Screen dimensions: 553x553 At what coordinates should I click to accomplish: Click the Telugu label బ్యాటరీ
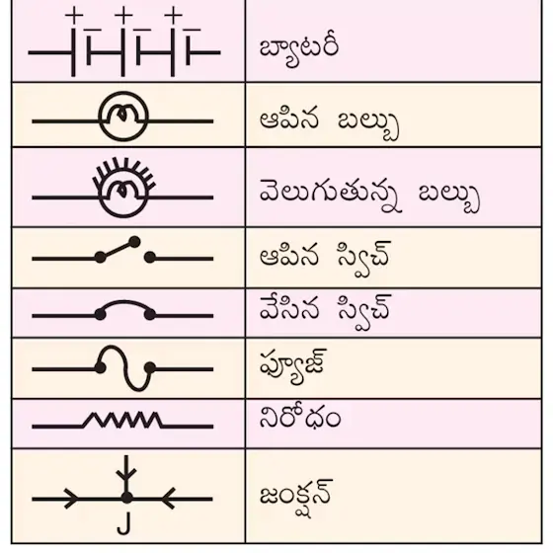coord(299,51)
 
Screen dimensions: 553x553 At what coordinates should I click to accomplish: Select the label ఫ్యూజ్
coord(293,366)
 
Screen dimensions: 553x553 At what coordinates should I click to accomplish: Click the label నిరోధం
coord(300,418)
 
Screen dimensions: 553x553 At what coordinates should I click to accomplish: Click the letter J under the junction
coord(123,523)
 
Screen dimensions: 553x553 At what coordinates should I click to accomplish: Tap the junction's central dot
coord(126,498)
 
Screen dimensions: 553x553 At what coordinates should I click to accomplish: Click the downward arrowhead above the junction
coord(126,474)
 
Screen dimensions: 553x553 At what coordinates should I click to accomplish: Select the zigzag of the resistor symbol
coord(122,420)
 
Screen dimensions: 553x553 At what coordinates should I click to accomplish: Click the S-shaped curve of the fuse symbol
coord(124,367)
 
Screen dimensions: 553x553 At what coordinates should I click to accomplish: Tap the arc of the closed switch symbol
coord(124,302)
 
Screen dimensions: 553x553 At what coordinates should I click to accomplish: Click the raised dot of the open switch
coord(134,242)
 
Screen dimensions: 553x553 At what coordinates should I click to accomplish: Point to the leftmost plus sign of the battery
coord(74,15)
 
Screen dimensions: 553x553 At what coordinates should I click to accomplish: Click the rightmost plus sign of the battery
coord(173,15)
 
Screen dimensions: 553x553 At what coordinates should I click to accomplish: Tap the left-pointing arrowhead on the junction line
coord(168,498)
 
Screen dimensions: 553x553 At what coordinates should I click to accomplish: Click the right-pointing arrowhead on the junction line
coord(71,499)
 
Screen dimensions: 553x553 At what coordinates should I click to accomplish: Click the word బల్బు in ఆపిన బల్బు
coord(367,124)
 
